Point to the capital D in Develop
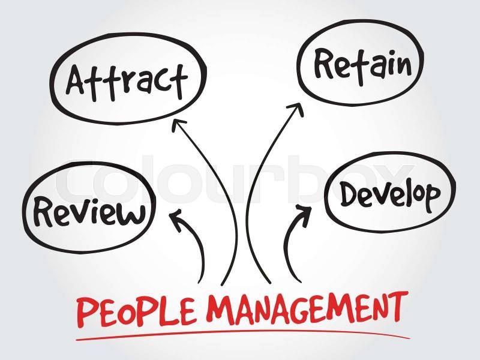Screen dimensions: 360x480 (x=350, y=194)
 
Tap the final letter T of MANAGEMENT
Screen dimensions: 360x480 (x=397, y=305)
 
